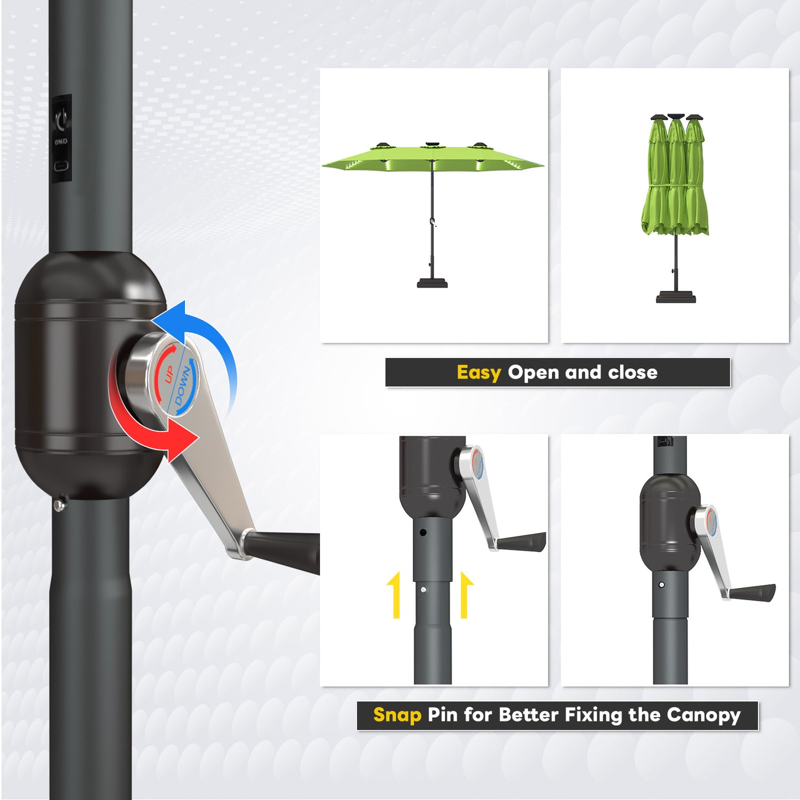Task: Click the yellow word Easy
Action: coord(478,373)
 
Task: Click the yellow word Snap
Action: coord(397,715)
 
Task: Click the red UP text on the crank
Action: coord(169,374)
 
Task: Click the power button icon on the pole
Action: coord(61,118)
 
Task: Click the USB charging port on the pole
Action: coord(61,166)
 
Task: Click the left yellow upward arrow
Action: coord(394,595)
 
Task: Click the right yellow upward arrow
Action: coord(466,595)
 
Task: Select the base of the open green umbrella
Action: coord(432,283)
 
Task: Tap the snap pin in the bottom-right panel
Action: coord(662,585)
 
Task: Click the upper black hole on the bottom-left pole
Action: coord(423,532)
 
